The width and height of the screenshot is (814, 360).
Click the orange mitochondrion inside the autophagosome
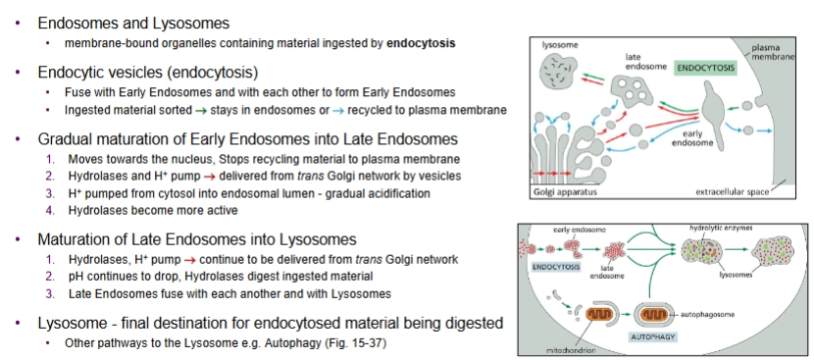pyautogui.click(x=652, y=314)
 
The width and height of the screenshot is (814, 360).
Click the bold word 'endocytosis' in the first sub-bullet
pyautogui.click(x=422, y=43)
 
